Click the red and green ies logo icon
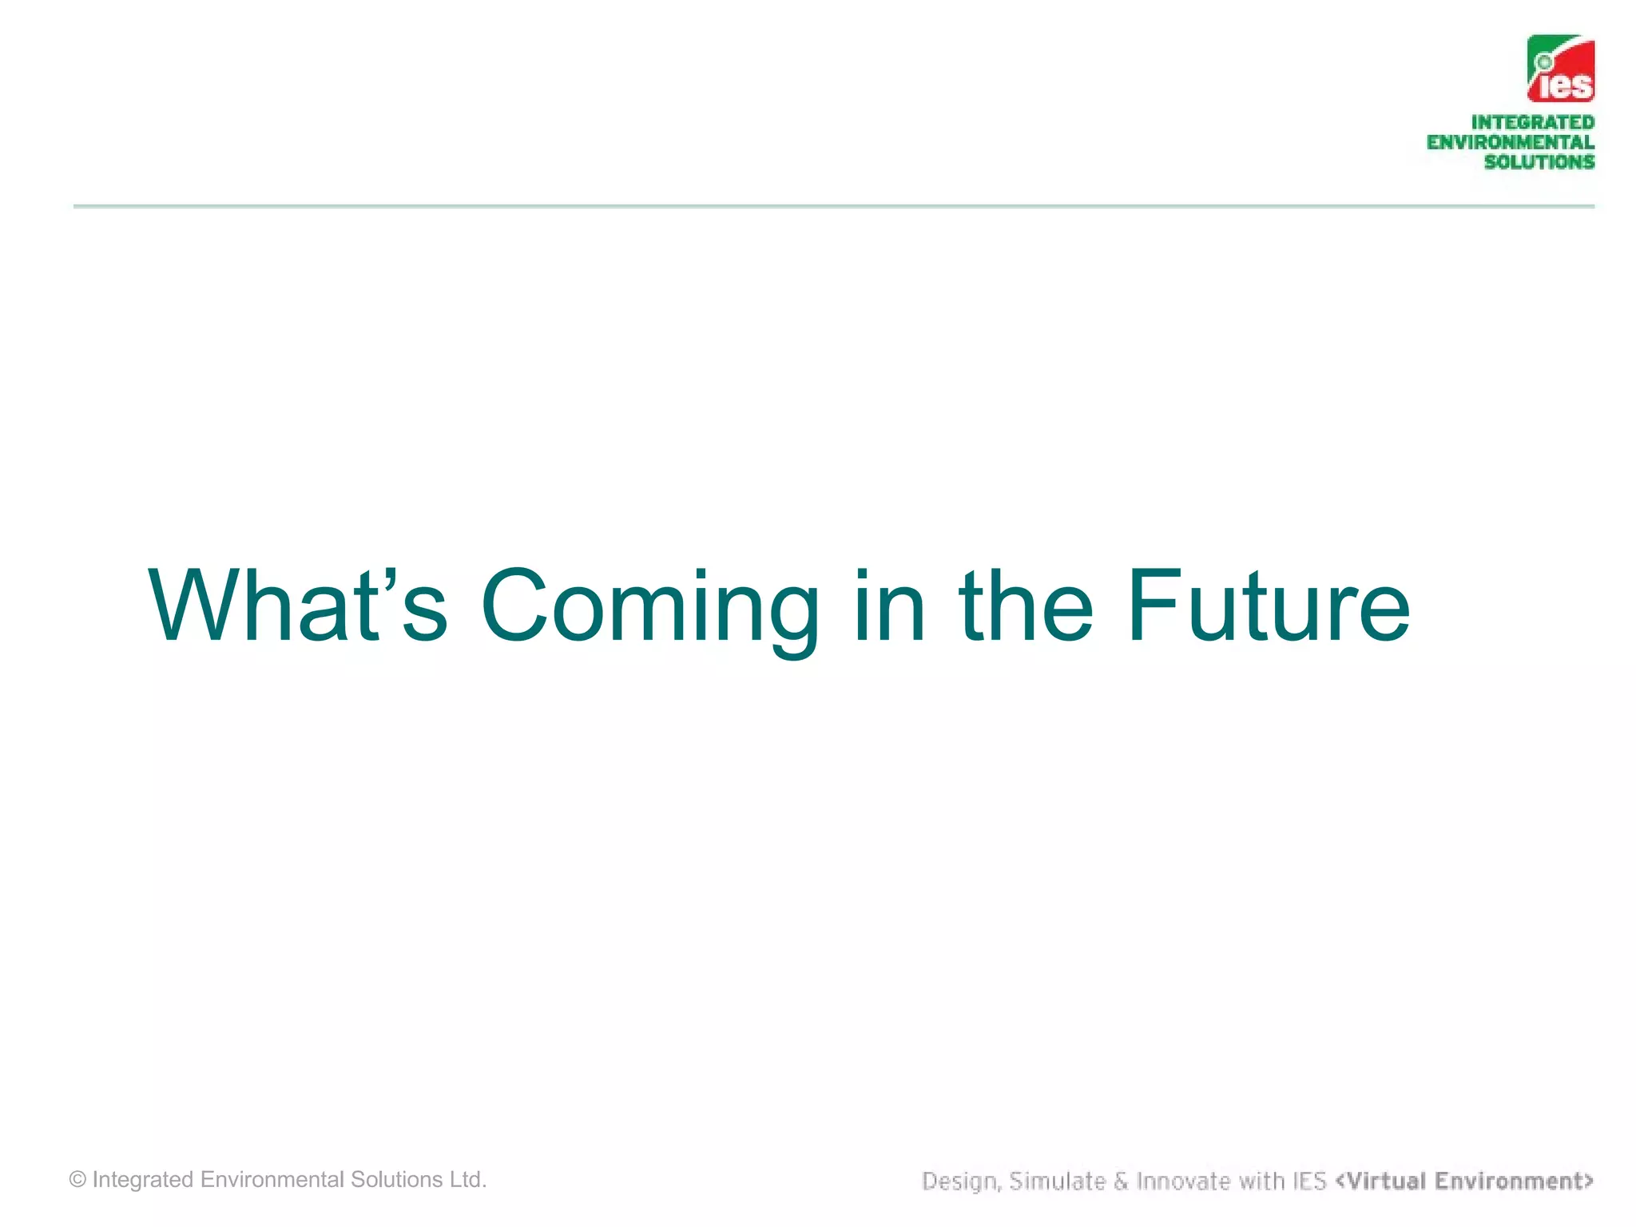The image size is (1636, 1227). click(1561, 69)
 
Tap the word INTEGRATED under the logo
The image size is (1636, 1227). click(1532, 122)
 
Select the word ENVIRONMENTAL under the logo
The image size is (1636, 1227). click(1510, 142)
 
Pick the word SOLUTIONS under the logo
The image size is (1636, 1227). click(1539, 161)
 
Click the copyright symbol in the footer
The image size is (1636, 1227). click(77, 1180)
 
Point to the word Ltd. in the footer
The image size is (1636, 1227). click(467, 1180)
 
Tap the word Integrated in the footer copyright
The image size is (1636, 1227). click(143, 1180)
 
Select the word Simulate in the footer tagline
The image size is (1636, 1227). click(1058, 1181)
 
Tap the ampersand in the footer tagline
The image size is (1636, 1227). click(1121, 1181)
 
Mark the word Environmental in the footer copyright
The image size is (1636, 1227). click(272, 1180)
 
